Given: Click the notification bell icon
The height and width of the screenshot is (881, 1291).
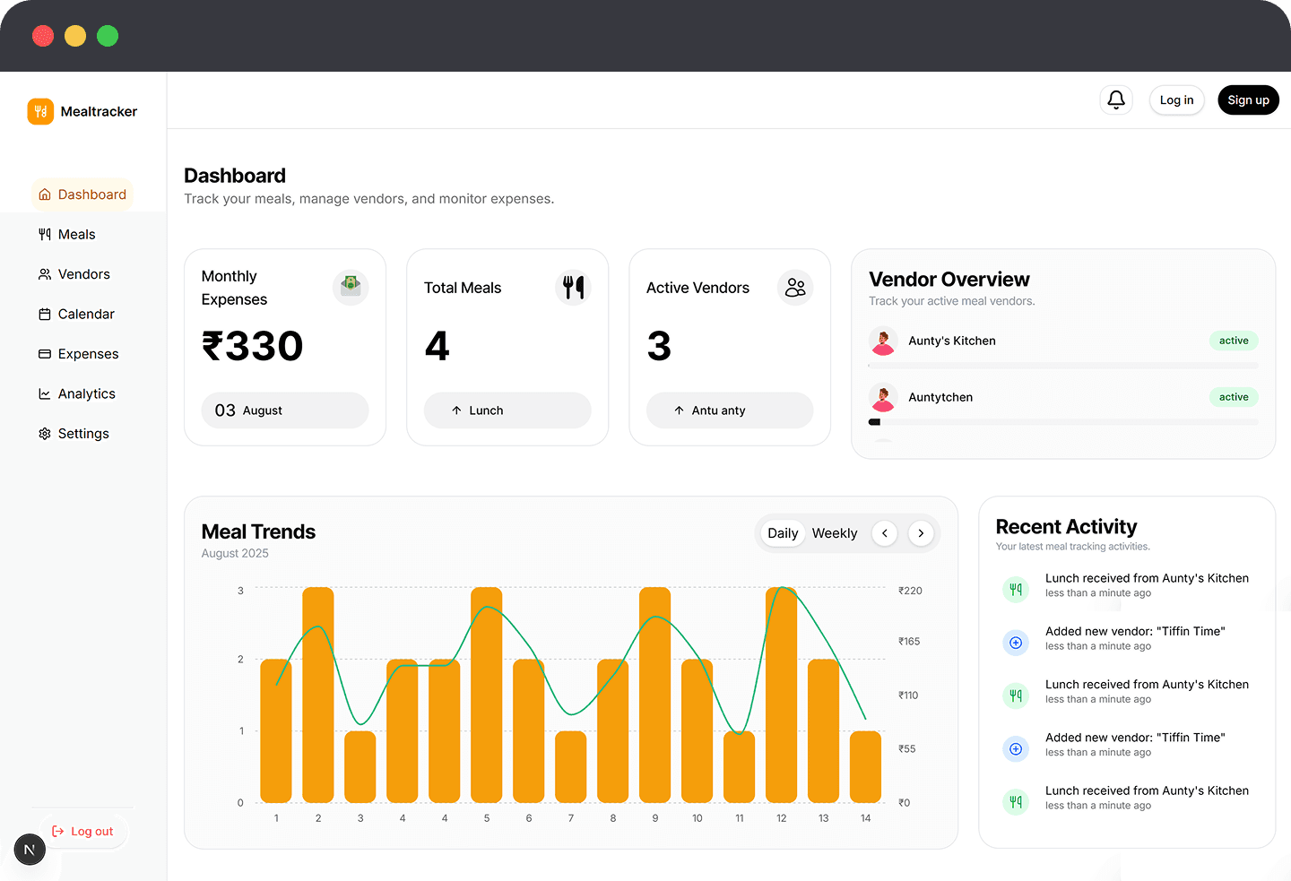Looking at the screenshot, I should tap(1116, 99).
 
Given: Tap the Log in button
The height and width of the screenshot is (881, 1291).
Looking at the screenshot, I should tap(1176, 100).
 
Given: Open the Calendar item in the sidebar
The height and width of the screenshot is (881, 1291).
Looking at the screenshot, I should tap(86, 314).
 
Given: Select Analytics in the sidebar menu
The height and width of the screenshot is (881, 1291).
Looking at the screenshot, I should tap(86, 393).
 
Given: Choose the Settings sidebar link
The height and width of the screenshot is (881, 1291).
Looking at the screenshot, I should tap(83, 434).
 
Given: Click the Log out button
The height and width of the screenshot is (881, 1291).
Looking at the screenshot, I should tap(83, 832).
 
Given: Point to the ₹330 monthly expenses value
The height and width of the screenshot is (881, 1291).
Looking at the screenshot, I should tap(253, 346).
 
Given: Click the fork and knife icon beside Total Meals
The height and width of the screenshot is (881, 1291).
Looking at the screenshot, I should tap(573, 288).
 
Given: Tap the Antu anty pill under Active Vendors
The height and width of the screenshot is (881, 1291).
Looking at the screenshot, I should tap(729, 410).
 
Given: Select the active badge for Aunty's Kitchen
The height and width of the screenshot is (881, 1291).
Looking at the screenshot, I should tap(1234, 341).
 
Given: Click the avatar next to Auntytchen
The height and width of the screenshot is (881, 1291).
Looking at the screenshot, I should tap(883, 397).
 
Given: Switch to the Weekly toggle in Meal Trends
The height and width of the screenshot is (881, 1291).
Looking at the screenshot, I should tap(834, 533).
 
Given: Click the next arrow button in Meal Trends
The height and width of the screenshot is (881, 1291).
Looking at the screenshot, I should tap(921, 533).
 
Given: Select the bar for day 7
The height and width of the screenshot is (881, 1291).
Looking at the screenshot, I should tap(571, 766).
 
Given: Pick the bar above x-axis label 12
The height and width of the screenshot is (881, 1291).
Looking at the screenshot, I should tap(781, 695).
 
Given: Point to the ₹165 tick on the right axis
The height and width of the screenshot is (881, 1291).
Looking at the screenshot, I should tap(909, 642).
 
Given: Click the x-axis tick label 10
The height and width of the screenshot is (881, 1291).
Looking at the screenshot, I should tap(697, 818).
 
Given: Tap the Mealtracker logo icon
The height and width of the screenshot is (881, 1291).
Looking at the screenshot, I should tap(40, 111).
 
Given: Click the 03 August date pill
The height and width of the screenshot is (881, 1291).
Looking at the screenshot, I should tap(284, 410).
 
